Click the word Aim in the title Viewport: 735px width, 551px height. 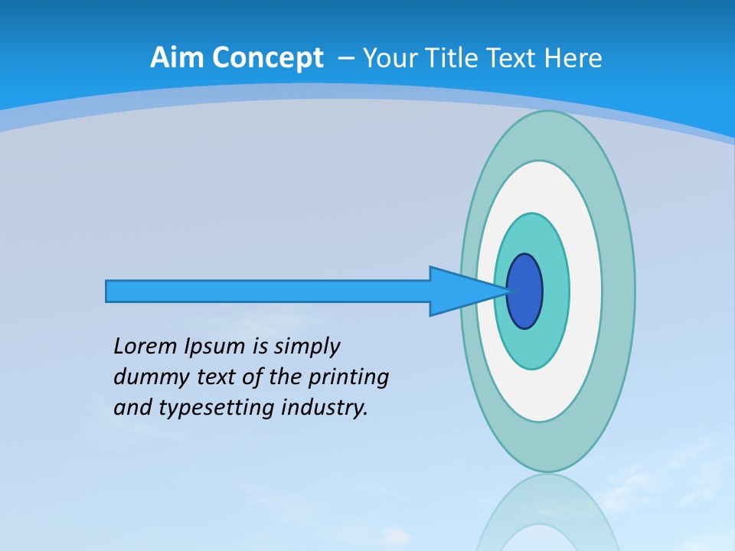point(177,58)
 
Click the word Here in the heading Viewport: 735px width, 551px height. point(573,58)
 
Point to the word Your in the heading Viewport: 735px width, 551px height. point(391,58)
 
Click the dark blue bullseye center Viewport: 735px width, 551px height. point(525,291)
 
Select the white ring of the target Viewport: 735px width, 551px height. point(586,291)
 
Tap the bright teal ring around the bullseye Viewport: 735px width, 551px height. point(554,291)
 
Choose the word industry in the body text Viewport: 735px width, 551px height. point(325,408)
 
